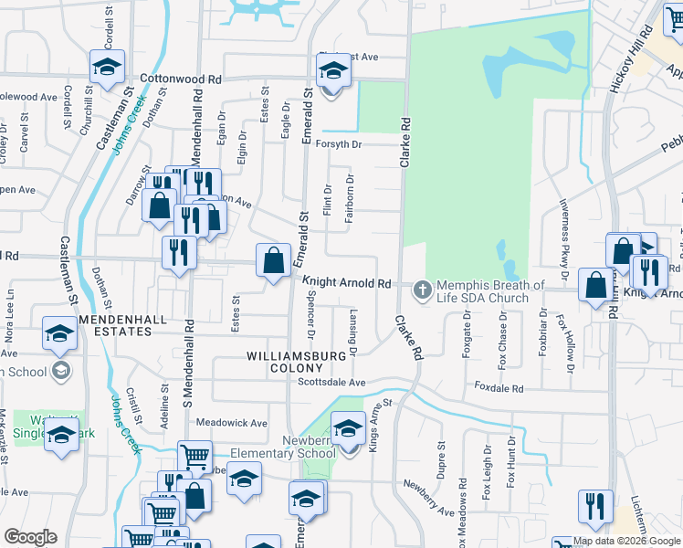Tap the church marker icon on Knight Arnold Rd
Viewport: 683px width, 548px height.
(422, 291)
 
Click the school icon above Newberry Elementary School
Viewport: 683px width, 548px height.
(348, 427)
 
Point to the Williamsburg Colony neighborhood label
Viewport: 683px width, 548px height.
(283, 361)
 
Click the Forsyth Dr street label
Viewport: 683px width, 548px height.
(339, 144)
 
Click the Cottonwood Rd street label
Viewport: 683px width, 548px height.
(181, 79)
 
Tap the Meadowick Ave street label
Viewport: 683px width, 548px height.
(232, 423)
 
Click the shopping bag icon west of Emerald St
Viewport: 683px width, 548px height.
(273, 261)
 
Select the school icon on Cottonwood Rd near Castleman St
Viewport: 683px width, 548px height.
(107, 67)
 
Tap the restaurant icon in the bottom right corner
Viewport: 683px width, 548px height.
(595, 507)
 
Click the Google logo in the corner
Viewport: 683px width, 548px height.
(30, 537)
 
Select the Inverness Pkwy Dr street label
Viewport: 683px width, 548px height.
(565, 238)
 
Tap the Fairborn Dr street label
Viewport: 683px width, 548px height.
(350, 195)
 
